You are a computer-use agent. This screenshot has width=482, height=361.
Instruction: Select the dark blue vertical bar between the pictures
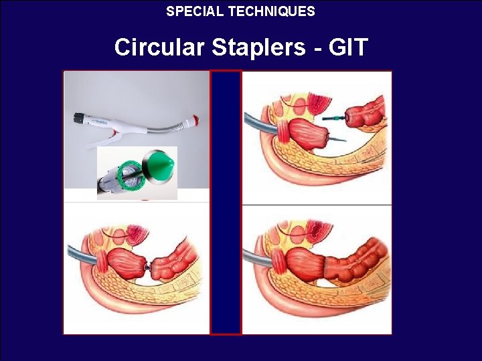pos(226,201)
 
